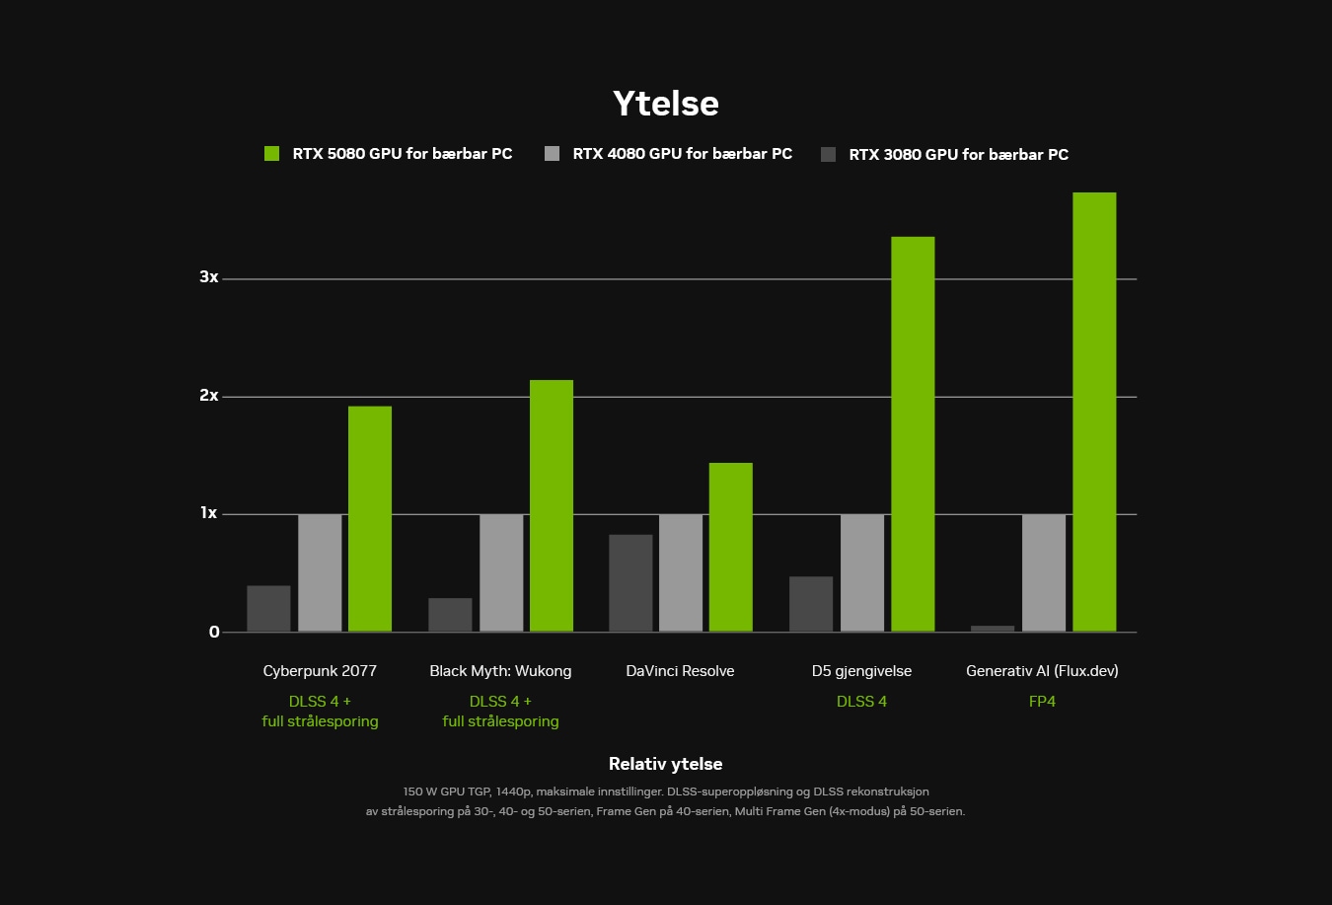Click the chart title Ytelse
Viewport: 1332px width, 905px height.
coord(665,104)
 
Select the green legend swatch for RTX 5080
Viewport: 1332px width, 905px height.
coord(272,154)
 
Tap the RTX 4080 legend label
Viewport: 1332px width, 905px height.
coord(682,154)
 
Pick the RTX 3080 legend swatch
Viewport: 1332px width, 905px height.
coord(829,154)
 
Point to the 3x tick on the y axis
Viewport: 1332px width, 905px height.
coord(209,277)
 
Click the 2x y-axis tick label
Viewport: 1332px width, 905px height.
coord(209,396)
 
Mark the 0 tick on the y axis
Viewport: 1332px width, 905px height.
coord(214,633)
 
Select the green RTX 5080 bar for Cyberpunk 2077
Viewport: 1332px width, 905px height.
coord(370,519)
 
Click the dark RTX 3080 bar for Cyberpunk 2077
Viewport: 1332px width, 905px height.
coord(268,609)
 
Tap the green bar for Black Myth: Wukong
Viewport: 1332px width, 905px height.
coord(552,506)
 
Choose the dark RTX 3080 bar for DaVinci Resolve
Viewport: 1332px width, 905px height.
coord(630,583)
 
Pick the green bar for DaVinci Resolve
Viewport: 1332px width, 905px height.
coord(731,548)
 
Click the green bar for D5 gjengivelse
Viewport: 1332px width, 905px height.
coord(913,434)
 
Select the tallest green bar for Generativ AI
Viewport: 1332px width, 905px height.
coord(1094,413)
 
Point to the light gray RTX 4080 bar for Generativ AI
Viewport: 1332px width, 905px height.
coord(1044,573)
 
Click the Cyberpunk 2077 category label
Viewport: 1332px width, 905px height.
coord(320,671)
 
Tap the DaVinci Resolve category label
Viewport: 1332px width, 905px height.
coord(680,671)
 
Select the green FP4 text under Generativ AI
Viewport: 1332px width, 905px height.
coord(1042,702)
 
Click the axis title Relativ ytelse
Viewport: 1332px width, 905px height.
coord(665,764)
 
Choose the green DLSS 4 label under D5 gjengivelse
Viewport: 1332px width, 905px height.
coord(861,702)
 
